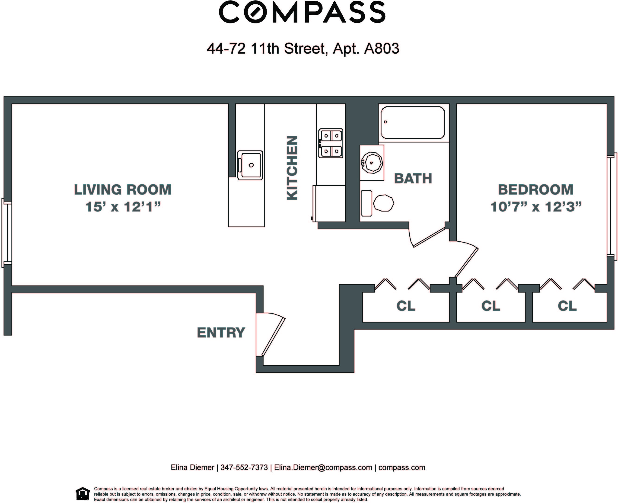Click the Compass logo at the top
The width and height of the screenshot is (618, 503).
pyautogui.click(x=302, y=12)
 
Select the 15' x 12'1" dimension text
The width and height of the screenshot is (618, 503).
pyautogui.click(x=123, y=207)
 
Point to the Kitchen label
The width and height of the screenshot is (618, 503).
pyautogui.click(x=292, y=168)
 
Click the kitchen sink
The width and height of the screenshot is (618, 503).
pyautogui.click(x=250, y=165)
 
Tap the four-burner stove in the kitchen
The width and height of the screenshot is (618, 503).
pyautogui.click(x=330, y=143)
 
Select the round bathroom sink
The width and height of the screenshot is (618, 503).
pyautogui.click(x=372, y=163)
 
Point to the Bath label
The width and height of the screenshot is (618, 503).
pyautogui.click(x=413, y=179)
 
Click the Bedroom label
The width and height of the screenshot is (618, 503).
pyautogui.click(x=535, y=190)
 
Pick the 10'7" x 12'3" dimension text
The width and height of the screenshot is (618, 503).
pyautogui.click(x=536, y=207)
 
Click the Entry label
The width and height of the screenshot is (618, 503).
pyautogui.click(x=221, y=333)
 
